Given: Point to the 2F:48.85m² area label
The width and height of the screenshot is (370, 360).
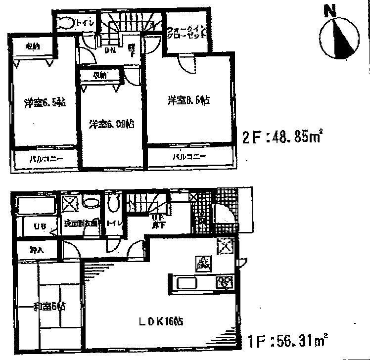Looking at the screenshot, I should [x=282, y=135].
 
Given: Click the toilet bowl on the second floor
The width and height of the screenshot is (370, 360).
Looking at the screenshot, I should [x=64, y=23].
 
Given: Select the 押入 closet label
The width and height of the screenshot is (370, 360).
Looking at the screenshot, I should [x=36, y=250].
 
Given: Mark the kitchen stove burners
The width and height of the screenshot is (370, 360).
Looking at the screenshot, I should [x=224, y=283].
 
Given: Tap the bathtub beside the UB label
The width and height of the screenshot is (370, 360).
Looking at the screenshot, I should [x=35, y=205].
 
